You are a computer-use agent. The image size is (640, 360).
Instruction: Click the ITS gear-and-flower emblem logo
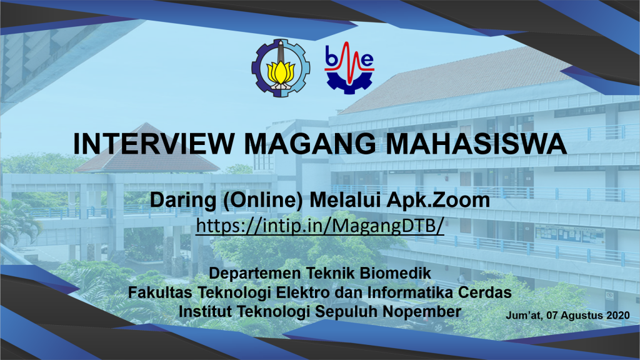click(281, 67)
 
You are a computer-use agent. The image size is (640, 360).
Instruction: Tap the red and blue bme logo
click(349, 67)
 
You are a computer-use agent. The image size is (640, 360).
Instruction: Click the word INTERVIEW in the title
click(154, 144)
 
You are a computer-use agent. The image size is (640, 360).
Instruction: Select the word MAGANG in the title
click(310, 144)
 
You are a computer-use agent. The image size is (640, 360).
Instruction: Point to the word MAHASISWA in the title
click(476, 144)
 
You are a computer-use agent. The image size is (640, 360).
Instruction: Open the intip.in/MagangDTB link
click(319, 226)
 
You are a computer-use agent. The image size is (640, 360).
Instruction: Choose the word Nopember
click(422, 311)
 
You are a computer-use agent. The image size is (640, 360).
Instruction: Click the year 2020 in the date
click(618, 315)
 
